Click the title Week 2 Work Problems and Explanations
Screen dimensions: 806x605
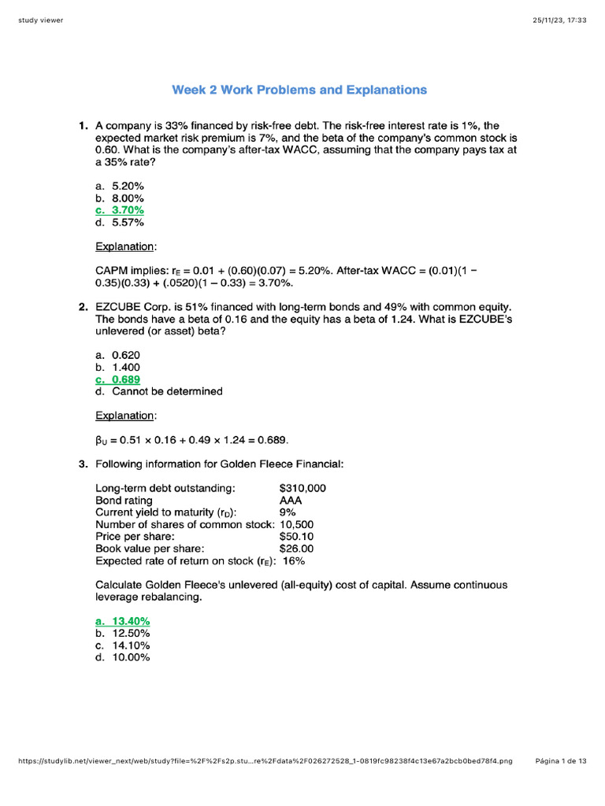tap(299, 90)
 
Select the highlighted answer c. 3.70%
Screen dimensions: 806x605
tap(120, 210)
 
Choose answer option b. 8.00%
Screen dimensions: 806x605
tap(120, 198)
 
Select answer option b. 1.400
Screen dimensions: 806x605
tap(118, 367)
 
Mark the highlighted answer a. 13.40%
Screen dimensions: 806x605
tap(123, 621)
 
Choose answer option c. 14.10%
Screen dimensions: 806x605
tap(123, 645)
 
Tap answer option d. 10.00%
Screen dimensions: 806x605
tap(123, 657)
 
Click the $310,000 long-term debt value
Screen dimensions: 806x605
tap(302, 488)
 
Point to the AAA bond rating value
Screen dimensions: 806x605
tap(291, 501)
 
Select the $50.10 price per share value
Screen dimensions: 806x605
tap(296, 537)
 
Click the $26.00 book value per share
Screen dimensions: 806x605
tap(296, 549)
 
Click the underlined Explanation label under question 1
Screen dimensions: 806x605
tap(125, 246)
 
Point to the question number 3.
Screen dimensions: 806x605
tap(83, 464)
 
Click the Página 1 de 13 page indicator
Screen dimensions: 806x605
tap(561, 761)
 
